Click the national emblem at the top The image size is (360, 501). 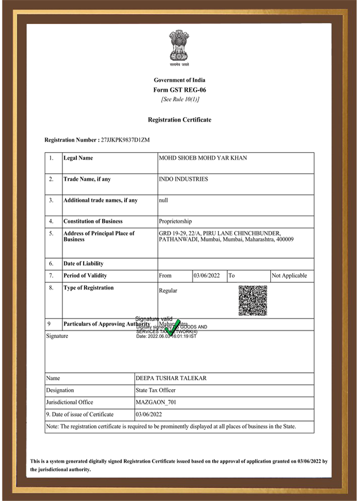coord(179,46)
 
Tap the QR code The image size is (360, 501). coord(253,301)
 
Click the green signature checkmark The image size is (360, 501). coord(172,328)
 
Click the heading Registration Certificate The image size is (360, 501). coord(179,120)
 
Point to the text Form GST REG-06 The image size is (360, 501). coord(179,90)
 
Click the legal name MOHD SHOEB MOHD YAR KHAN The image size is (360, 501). coord(203,158)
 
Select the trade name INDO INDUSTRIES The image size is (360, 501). coord(183,179)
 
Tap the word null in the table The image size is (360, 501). coord(163,200)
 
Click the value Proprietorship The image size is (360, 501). coord(175,221)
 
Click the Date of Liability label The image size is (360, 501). coord(83,264)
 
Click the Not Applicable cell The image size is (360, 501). coord(289,276)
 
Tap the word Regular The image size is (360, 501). coord(168,291)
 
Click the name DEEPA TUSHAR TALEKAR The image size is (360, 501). coord(171,378)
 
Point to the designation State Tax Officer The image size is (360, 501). coord(155,390)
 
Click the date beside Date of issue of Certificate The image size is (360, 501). coord(149,415)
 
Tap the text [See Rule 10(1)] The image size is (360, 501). coord(179,99)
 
